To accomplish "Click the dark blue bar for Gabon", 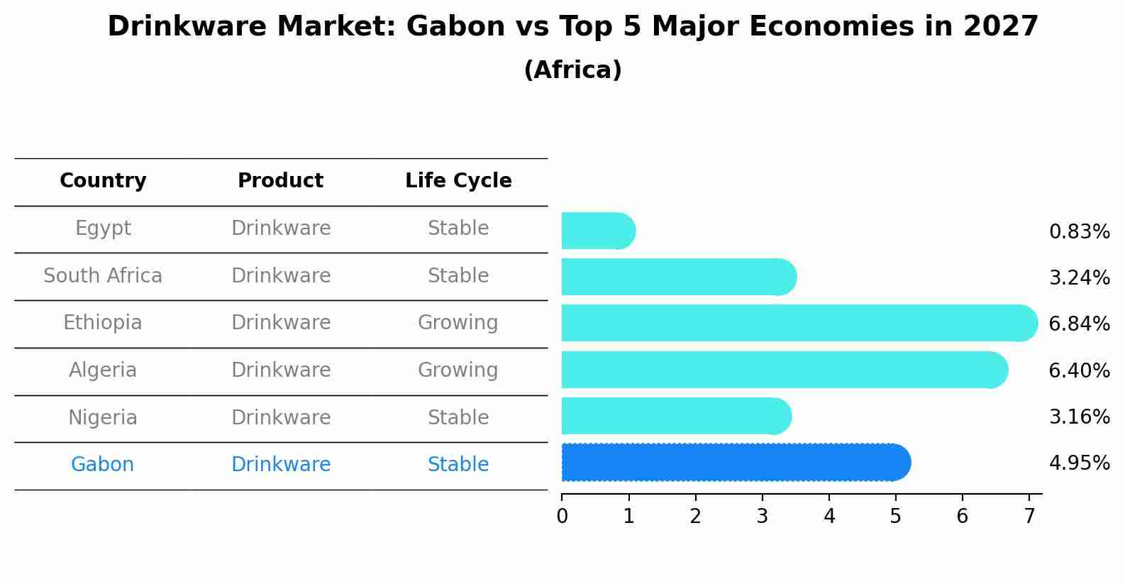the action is click(736, 463).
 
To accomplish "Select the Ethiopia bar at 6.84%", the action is click(799, 323).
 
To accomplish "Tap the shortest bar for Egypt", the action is click(599, 231).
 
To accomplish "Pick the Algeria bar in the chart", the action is click(785, 370).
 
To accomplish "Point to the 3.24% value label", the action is click(1080, 277).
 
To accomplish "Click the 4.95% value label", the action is click(1080, 463).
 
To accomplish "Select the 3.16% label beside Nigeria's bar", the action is click(1080, 417).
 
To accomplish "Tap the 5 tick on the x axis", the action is click(895, 516).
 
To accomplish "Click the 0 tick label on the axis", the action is click(562, 516).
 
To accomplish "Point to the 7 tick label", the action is click(1029, 516).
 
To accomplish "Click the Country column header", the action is click(103, 180).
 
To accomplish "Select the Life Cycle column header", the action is click(458, 180).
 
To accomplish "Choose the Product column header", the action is click(281, 180).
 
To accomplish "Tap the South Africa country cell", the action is click(103, 275).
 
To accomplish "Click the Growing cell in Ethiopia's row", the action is click(458, 323).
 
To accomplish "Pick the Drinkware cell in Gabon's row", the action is click(281, 464).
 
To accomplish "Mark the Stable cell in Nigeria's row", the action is click(458, 417).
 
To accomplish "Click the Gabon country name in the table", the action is click(102, 464).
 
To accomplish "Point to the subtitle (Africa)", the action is click(573, 70).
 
